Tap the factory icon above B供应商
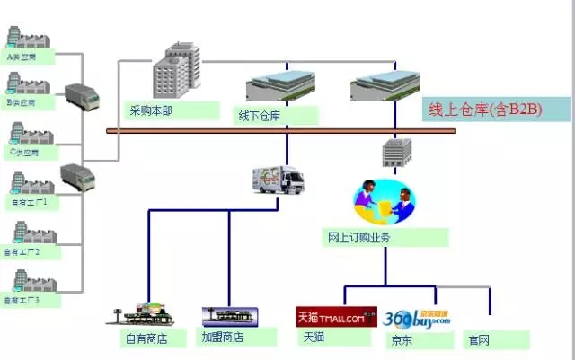click(21, 83)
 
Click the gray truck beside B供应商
click(81, 96)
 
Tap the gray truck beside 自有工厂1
click(77, 176)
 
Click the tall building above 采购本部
click(174, 70)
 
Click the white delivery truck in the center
click(279, 180)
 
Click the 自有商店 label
click(144, 338)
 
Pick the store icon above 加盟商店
click(230, 316)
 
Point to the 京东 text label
click(402, 340)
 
